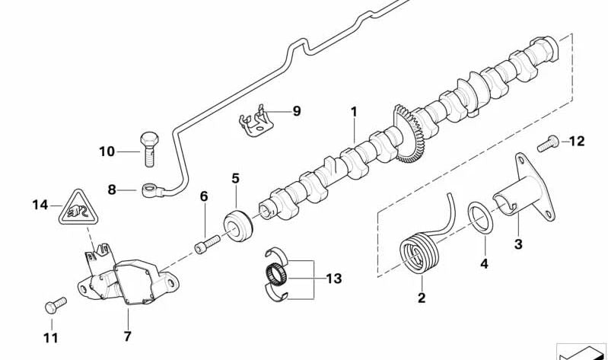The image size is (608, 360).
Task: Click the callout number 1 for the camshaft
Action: pyautogui.click(x=354, y=112)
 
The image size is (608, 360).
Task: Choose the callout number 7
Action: pyautogui.click(x=127, y=336)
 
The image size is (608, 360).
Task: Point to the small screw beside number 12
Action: pyautogui.click(x=547, y=142)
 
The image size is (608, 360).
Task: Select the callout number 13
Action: pyautogui.click(x=333, y=279)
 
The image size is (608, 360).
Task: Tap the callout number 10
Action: pyautogui.click(x=107, y=151)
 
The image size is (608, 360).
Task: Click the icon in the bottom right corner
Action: pyautogui.click(x=581, y=352)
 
